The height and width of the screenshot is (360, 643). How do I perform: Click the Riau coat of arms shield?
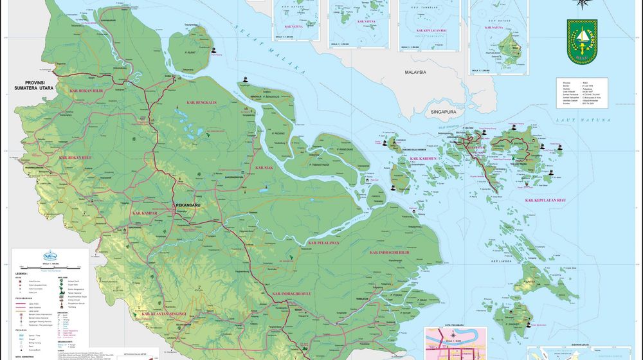click(582, 41)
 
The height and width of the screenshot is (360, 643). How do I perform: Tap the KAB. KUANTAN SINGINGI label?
click(164, 314)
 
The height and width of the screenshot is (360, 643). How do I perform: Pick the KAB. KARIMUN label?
click(422, 158)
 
